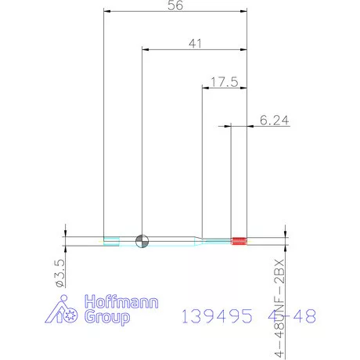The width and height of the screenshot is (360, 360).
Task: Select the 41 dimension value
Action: pos(195,44)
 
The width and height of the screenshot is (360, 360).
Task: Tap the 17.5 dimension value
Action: pos(224,81)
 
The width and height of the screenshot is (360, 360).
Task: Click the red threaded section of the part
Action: pos(240,240)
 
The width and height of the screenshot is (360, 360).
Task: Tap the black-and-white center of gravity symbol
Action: pos(142,240)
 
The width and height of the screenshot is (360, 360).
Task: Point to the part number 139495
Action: pos(217,316)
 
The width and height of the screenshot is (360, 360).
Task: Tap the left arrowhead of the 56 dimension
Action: pos(107,12)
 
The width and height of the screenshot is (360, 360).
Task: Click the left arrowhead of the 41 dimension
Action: pos(146,50)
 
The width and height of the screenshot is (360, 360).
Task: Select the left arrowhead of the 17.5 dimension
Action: pos(207,87)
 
